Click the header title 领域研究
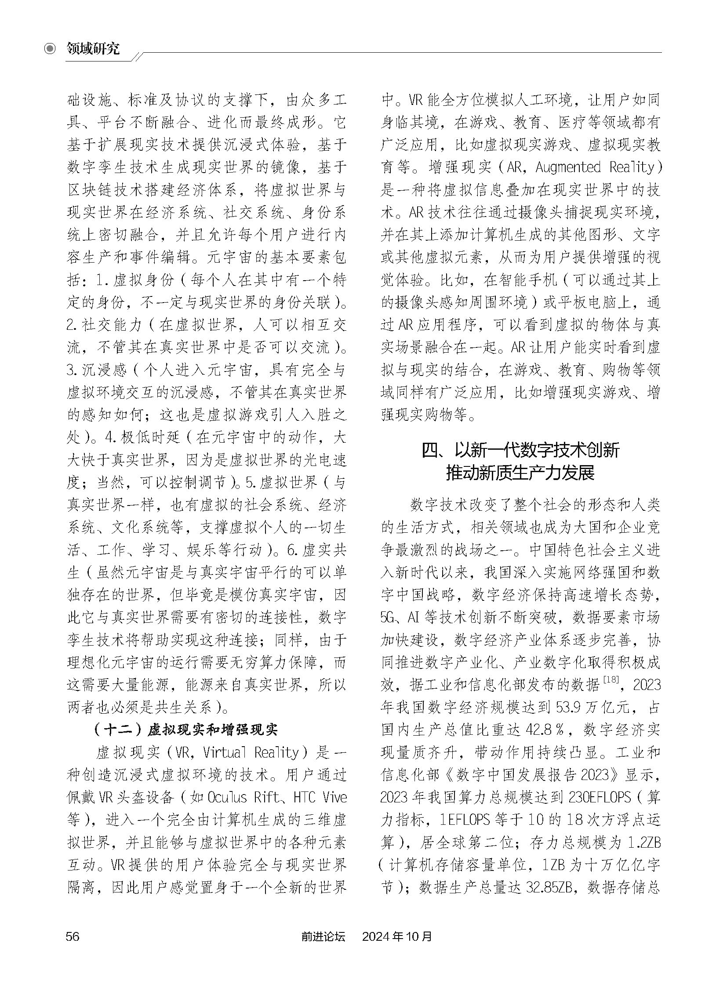(x=93, y=49)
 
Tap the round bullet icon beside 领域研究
(x=51, y=49)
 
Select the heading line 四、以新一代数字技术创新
(x=520, y=451)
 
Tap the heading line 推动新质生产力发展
(x=520, y=473)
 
